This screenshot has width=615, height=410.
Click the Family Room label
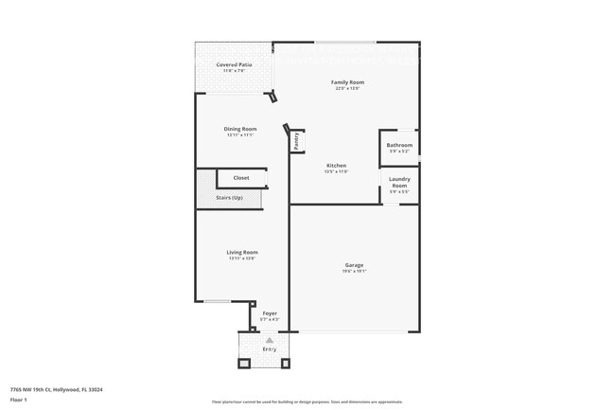347,82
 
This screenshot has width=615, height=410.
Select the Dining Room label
240,129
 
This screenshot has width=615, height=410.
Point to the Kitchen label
336,165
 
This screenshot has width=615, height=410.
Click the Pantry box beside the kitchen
296,141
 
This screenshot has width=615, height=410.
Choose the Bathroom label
399,145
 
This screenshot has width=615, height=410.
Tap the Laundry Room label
399,182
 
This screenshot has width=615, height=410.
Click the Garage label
354,264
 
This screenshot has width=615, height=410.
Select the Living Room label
242,252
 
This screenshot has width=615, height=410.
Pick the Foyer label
270,312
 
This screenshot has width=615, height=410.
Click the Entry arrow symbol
269,339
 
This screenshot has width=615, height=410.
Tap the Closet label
241,178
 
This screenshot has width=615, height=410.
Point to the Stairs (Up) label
229,197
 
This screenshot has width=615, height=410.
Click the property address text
57,388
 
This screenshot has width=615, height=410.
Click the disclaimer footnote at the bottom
307,401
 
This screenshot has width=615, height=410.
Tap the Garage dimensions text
354,271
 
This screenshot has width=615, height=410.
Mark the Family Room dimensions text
347,89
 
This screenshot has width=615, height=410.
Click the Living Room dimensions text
242,258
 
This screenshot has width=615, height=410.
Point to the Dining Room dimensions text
240,135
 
